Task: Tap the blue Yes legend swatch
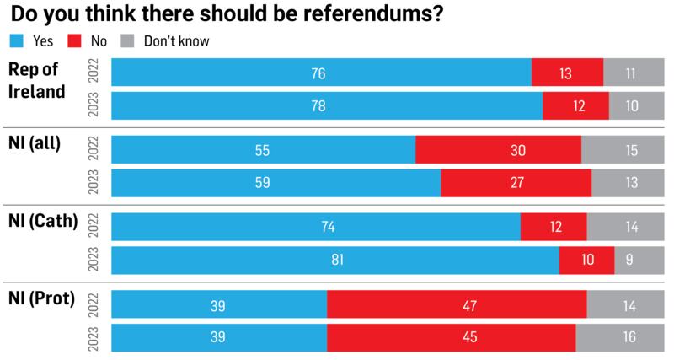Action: click(x=16, y=40)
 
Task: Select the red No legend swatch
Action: click(x=72, y=40)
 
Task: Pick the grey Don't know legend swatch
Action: click(x=128, y=40)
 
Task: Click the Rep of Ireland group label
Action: click(x=36, y=82)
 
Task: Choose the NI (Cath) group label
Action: click(x=42, y=223)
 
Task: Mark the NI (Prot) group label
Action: click(x=41, y=298)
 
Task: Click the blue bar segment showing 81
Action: click(x=335, y=261)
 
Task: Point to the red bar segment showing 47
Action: click(x=457, y=304)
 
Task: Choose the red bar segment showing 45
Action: click(x=451, y=337)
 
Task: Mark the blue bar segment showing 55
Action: click(x=264, y=150)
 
